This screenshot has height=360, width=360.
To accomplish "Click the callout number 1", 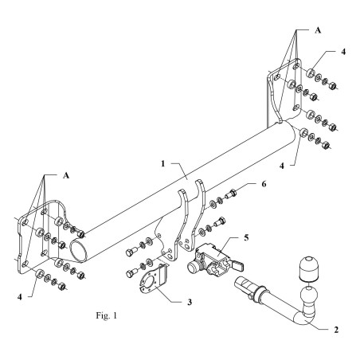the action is point(162,164).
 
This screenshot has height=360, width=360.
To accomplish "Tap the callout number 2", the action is point(336,330).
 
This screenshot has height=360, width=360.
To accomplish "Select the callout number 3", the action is point(190,302).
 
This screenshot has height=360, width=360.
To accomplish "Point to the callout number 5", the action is point(246,237).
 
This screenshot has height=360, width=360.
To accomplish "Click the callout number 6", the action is point(264,184).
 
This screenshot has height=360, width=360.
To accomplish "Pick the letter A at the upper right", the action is point(318,30).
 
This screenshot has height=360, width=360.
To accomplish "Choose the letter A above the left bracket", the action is point(66,175).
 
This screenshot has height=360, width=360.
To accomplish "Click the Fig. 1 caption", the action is point(106,315).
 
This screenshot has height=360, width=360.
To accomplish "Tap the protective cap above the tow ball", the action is point(309,268).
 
